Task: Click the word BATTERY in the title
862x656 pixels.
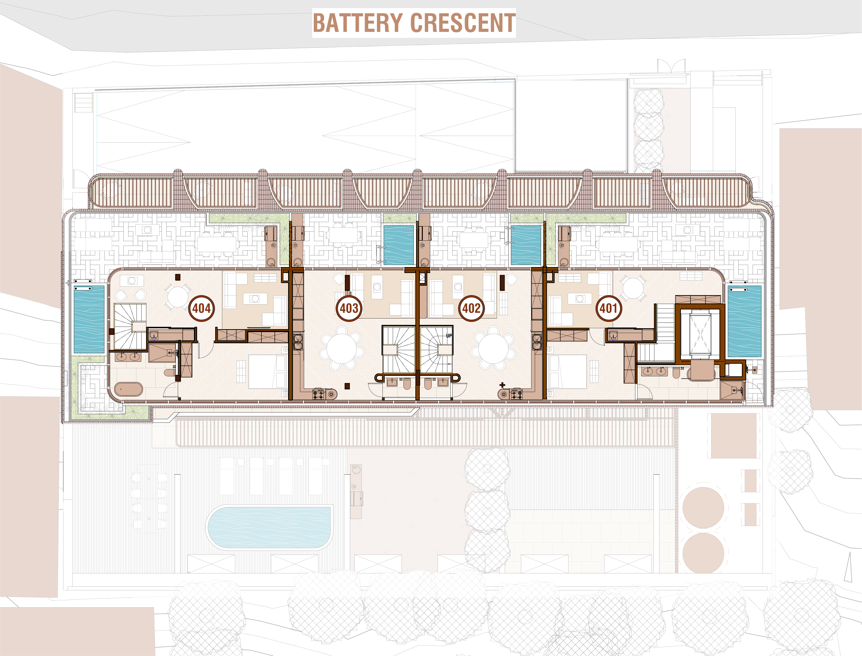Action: tap(358, 23)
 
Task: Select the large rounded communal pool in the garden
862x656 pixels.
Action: tap(270, 527)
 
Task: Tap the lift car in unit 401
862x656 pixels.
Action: tap(700, 334)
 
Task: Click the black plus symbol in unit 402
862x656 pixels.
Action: tap(502, 385)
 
